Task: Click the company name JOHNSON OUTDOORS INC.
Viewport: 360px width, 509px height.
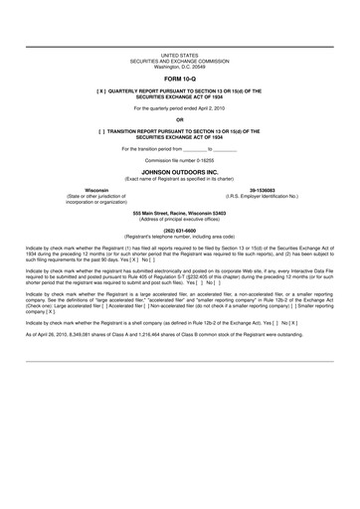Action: pos(179,171)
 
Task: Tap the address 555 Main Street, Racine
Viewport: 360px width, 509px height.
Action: pos(179,213)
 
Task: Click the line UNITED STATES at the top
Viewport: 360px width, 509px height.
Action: pos(179,56)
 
